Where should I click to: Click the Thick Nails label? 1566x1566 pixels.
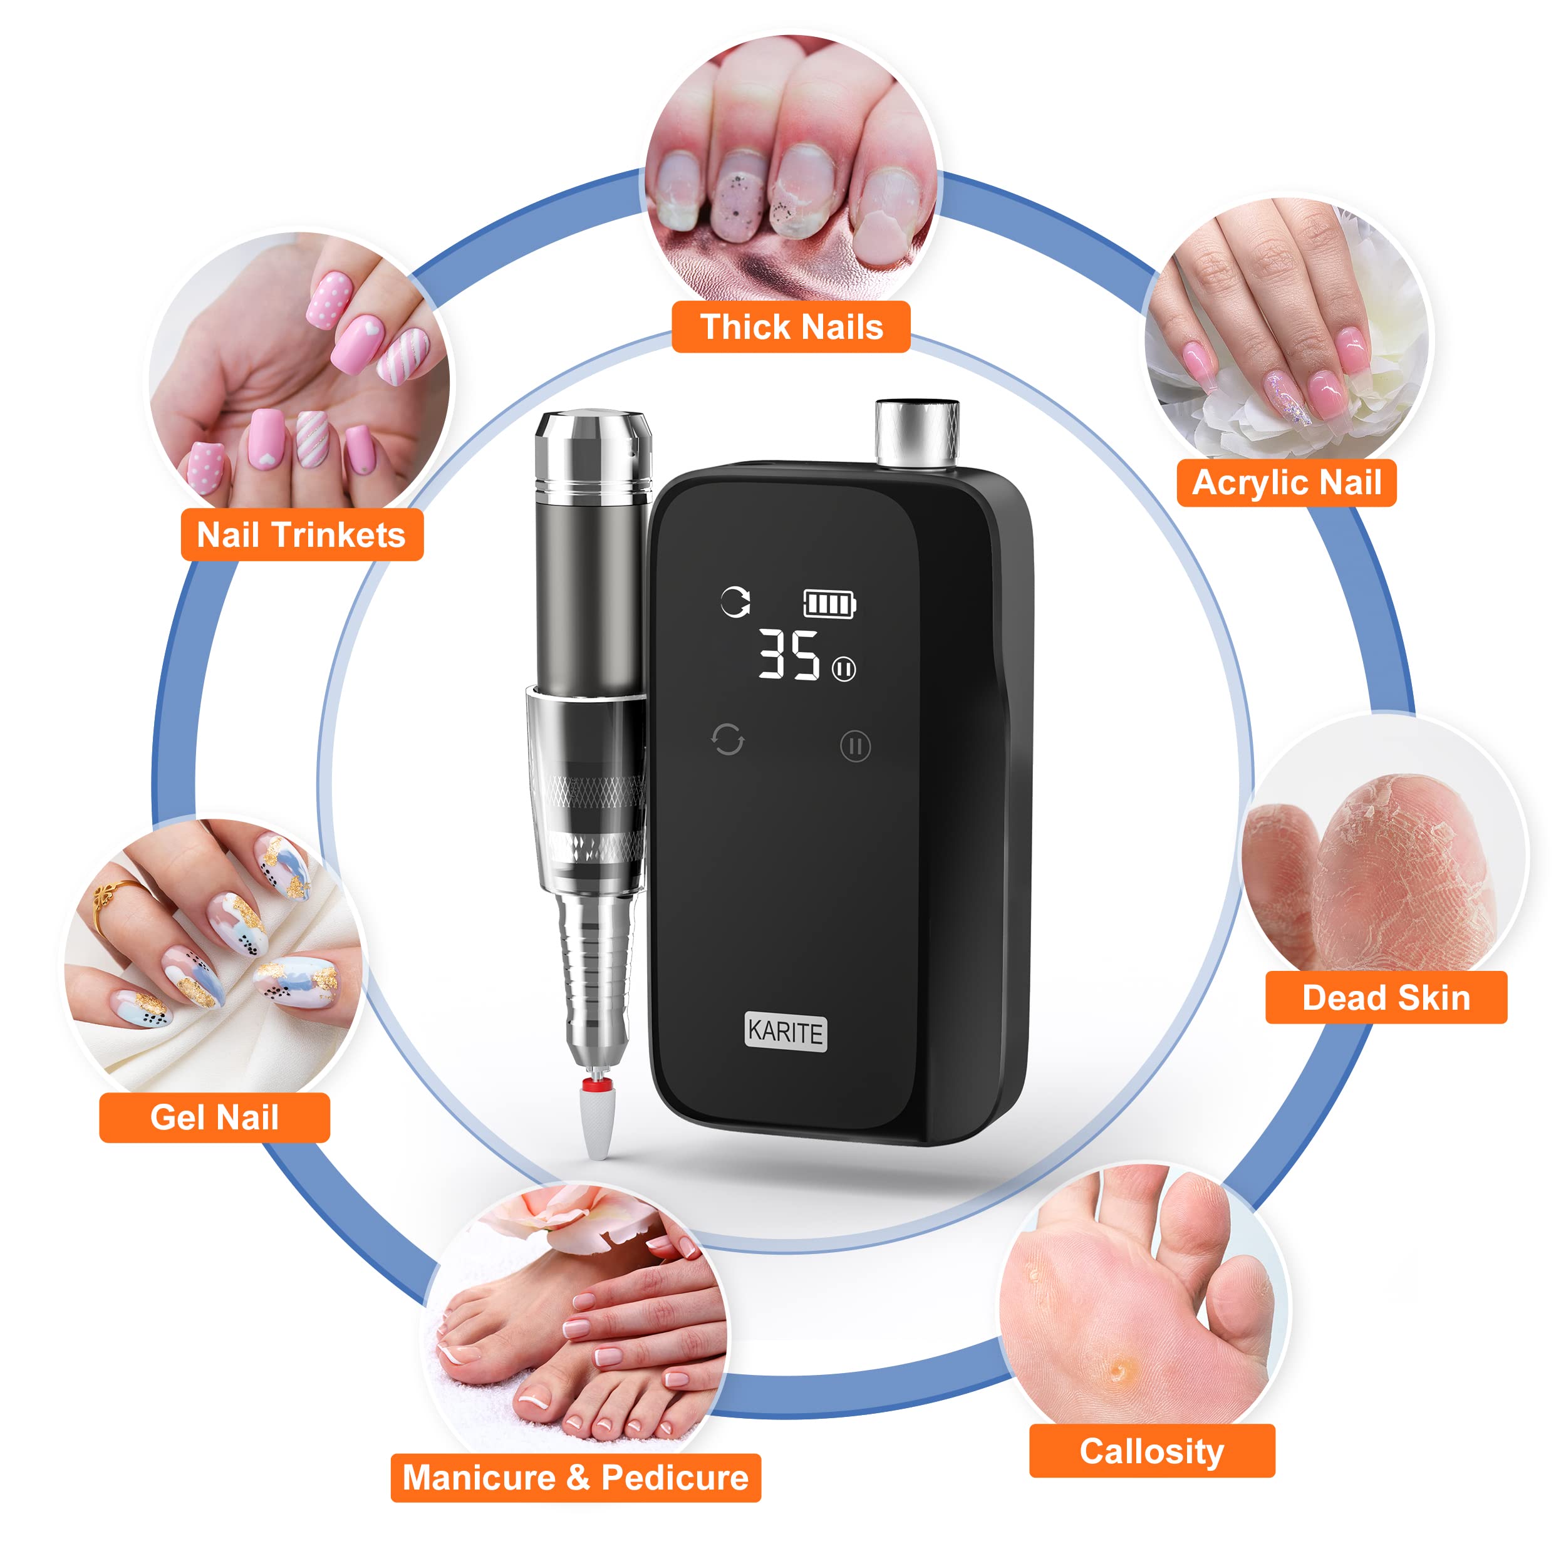(x=791, y=326)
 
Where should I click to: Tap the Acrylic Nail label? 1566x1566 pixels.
(x=1287, y=483)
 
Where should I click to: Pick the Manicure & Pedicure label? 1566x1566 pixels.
(x=576, y=1478)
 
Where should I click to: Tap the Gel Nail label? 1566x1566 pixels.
(x=214, y=1117)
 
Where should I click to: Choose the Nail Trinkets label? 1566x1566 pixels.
(x=301, y=535)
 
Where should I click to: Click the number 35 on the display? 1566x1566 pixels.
(x=789, y=655)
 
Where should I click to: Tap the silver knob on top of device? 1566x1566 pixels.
(x=917, y=433)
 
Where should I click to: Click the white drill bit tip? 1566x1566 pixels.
(x=598, y=1123)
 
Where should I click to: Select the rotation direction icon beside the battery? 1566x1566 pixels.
(x=735, y=601)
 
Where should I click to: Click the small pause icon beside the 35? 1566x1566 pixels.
(x=844, y=670)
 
